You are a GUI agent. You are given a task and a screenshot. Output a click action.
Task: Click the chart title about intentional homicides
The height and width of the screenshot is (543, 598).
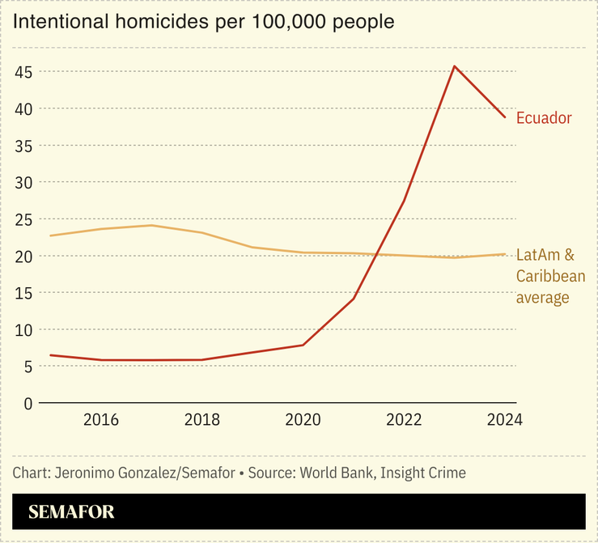click(203, 22)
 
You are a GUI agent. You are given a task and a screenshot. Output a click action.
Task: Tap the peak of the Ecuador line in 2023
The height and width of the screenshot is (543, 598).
click(454, 66)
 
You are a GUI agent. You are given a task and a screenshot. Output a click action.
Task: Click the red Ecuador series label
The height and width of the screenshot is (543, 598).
click(544, 118)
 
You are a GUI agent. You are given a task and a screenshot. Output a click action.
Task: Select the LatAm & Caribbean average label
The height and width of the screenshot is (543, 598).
click(550, 277)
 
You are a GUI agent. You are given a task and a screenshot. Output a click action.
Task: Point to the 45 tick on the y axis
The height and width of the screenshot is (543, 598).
click(23, 72)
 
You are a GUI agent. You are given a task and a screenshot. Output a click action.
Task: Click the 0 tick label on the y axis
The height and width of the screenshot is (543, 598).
click(28, 403)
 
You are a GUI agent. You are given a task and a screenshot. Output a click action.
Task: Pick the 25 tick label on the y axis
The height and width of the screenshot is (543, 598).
click(23, 219)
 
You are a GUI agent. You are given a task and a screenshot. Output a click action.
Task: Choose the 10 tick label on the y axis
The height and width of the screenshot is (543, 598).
click(23, 329)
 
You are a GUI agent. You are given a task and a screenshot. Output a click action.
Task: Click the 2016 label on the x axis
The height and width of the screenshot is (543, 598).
click(100, 420)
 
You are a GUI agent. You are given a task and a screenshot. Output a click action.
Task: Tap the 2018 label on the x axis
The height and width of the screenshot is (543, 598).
click(201, 420)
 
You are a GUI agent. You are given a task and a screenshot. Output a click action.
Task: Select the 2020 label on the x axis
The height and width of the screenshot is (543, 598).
click(303, 420)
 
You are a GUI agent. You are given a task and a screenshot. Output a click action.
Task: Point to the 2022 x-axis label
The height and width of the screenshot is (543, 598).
click(404, 420)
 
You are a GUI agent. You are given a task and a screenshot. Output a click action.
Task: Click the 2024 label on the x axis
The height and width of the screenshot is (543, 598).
click(504, 420)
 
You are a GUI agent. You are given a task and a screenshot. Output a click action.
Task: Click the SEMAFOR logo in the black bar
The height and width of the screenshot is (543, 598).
click(71, 512)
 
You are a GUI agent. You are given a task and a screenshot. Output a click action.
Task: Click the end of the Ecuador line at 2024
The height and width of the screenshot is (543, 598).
click(505, 117)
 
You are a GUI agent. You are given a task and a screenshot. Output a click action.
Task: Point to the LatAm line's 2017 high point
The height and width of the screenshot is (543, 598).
click(151, 225)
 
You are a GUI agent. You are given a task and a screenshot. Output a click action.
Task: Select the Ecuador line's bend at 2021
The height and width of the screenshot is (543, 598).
click(354, 299)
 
